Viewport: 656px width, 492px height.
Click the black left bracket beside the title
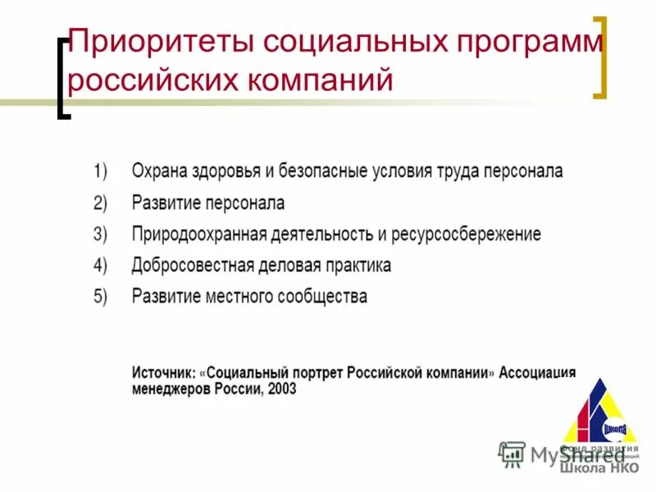click(62, 78)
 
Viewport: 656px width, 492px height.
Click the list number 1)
click(100, 171)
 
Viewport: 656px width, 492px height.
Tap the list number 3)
click(100, 235)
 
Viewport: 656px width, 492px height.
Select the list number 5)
click(100, 297)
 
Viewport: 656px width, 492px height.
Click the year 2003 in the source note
click(281, 390)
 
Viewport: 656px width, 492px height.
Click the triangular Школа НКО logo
click(601, 418)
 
